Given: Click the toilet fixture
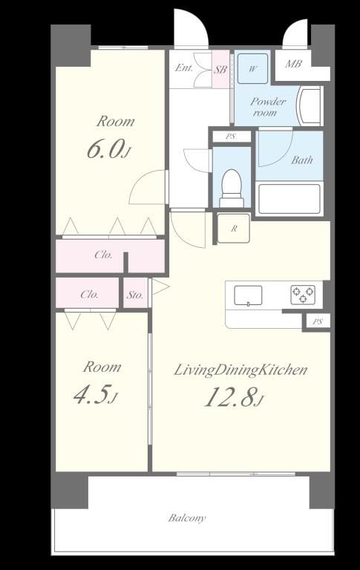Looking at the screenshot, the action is coord(232,189).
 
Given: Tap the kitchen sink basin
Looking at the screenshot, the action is coord(248,295).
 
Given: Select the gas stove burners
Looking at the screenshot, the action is coord(303,295).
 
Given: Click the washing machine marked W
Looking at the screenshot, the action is coord(252,68).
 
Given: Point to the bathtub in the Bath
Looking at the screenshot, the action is coord(289,199).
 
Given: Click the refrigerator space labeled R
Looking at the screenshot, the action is coord(234,229).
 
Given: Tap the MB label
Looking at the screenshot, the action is coord(293,64).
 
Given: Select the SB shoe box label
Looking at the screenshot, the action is coord(220,70).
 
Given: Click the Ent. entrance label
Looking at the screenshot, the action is coord(184,68).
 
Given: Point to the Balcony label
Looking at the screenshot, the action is coord(187,517).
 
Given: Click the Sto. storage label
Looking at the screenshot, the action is coord(134,295).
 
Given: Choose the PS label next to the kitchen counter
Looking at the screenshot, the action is coord(318,321).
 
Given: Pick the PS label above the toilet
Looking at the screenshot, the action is coord(231,137).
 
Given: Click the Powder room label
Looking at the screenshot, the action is coord(268,107).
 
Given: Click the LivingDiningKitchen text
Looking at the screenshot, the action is coord(240,370).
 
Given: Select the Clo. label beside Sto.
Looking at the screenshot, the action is coord(90,294).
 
